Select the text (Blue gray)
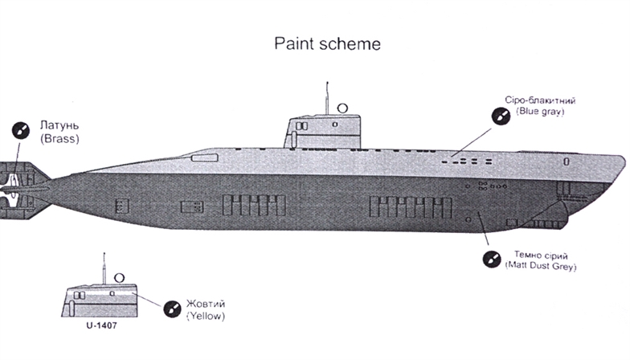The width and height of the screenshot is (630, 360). point(542,112)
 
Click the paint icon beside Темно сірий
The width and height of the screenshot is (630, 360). point(489,260)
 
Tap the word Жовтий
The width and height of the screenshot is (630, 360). point(205,304)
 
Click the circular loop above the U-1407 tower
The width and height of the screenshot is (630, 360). point(120,278)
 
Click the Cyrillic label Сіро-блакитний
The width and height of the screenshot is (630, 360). point(541,100)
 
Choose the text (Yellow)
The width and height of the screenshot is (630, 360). point(205,316)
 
